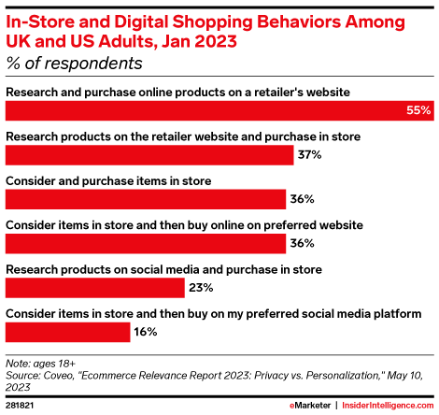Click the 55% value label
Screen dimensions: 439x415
[x=418, y=110]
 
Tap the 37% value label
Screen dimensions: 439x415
[x=309, y=154]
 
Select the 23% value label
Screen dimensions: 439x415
[x=201, y=287]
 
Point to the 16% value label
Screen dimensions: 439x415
[x=146, y=332]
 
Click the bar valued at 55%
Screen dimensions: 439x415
[x=219, y=110]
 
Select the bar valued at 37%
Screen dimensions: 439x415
[x=149, y=155]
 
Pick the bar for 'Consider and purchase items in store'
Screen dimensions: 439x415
[x=146, y=199]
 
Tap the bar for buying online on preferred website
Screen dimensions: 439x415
[x=146, y=243]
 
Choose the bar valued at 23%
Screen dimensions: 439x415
[x=95, y=288]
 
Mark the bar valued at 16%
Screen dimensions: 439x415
[x=68, y=332]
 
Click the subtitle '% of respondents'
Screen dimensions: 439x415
[x=74, y=64]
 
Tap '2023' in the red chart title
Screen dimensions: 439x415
[x=216, y=41]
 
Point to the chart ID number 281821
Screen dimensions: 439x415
[x=20, y=406]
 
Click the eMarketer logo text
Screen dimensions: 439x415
[x=310, y=406]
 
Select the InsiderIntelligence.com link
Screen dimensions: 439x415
[x=388, y=406]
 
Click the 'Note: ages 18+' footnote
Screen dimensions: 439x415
[x=40, y=364]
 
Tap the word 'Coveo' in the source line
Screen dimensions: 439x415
[x=59, y=376]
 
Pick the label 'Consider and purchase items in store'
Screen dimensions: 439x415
[x=108, y=181]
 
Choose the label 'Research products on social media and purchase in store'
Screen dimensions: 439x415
[x=163, y=269]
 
